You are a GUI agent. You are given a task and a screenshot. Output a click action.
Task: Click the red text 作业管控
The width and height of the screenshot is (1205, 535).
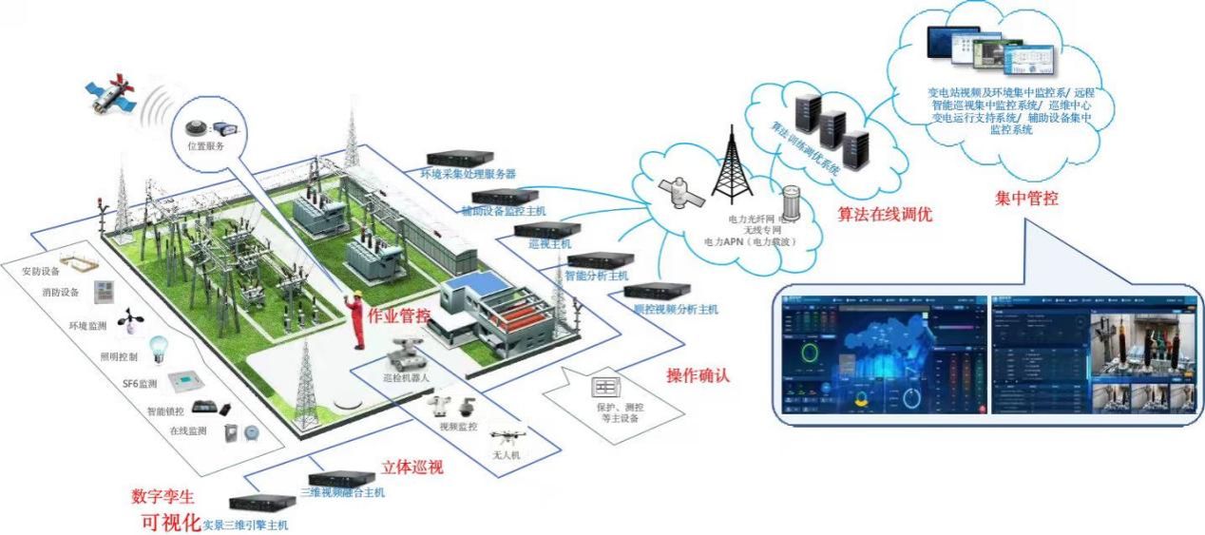(399, 315)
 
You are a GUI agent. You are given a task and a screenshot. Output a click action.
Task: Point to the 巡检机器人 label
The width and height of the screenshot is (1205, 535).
(407, 377)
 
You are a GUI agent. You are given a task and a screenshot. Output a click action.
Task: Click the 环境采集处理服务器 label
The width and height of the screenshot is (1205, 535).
(468, 175)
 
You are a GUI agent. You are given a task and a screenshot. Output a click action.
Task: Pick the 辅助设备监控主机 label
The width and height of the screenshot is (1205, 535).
(503, 210)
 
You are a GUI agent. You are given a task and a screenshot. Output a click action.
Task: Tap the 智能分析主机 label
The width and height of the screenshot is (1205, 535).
(596, 276)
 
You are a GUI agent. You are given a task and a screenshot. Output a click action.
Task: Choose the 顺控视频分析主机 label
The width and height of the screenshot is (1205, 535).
(676, 309)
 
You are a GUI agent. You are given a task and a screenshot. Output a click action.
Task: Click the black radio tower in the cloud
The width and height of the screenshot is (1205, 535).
(732, 172)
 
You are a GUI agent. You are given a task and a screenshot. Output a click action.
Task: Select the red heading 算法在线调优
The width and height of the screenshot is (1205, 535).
(884, 215)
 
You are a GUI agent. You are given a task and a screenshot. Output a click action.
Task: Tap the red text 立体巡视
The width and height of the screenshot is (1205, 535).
(411, 468)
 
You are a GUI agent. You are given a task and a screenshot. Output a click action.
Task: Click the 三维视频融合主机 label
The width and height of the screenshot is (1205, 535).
(342, 493)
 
